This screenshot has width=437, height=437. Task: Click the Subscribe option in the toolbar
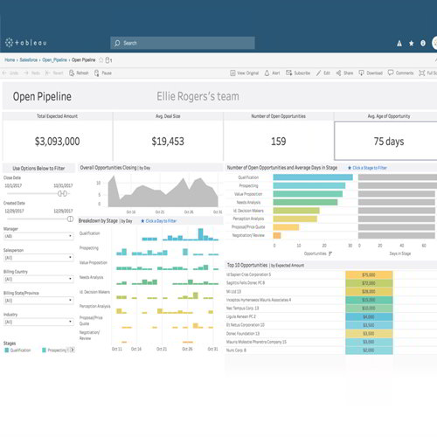tap(300, 73)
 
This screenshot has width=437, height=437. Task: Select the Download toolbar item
tap(371, 73)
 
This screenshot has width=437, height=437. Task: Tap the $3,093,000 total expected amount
tap(58, 141)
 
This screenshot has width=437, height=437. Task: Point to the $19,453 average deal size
tap(168, 141)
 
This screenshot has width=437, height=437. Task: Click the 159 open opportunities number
tap(278, 141)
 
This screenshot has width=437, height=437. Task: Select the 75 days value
tap(388, 141)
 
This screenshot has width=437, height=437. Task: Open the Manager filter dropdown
tap(39, 237)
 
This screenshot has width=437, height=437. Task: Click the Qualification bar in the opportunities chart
tap(313, 177)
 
